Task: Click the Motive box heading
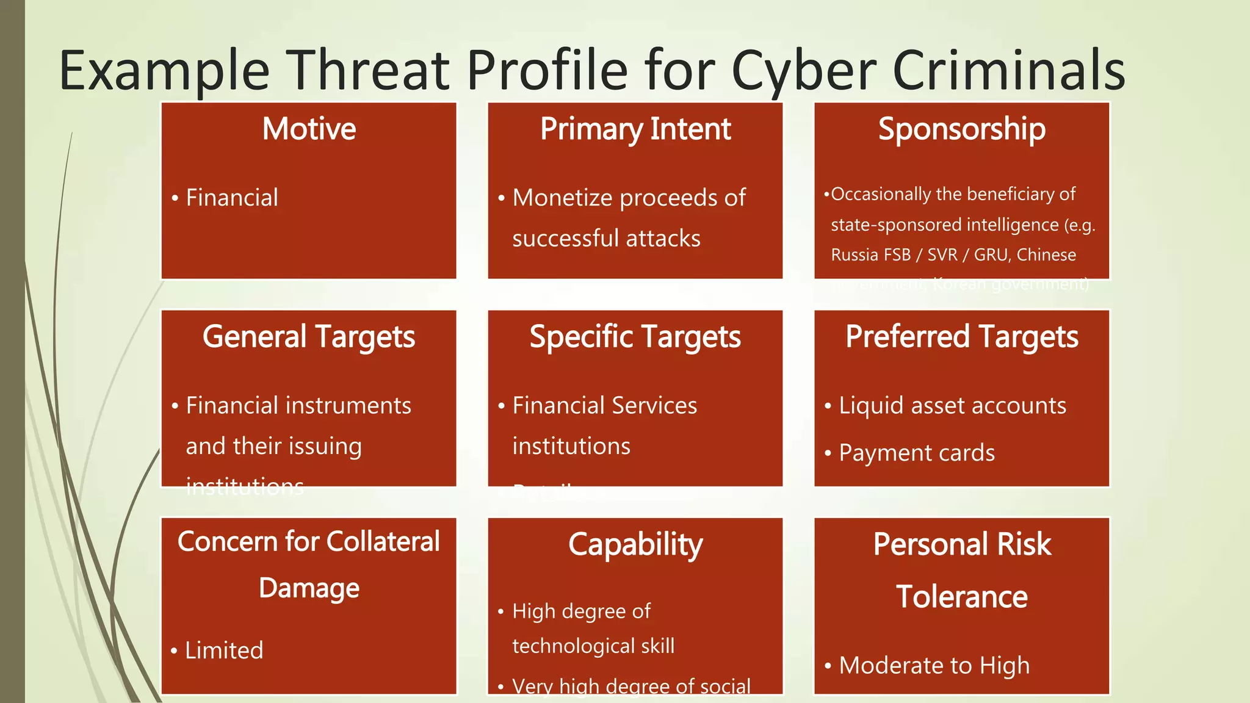click(x=309, y=129)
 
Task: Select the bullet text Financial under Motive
click(x=232, y=198)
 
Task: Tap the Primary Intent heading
click(x=635, y=129)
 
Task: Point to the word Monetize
click(x=562, y=198)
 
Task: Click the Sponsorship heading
click(x=962, y=129)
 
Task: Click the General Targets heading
click(x=309, y=337)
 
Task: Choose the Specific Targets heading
click(x=635, y=337)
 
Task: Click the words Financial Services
click(x=604, y=406)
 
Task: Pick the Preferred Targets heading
click(x=962, y=337)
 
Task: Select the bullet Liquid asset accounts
click(x=952, y=406)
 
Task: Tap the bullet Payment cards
click(x=917, y=453)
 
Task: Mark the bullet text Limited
click(x=224, y=651)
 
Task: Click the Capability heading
click(x=635, y=544)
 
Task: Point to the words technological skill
click(x=593, y=646)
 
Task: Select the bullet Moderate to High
click(x=934, y=665)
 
